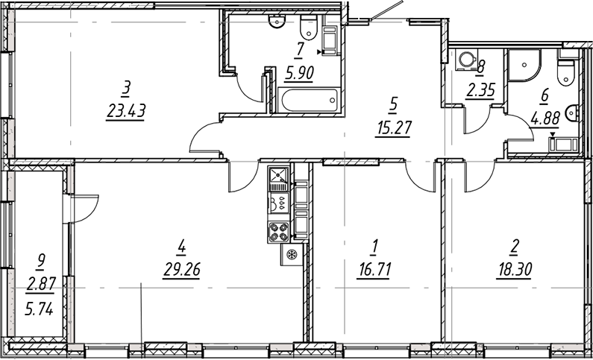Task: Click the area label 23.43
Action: [125, 112]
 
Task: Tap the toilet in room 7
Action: [307, 30]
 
